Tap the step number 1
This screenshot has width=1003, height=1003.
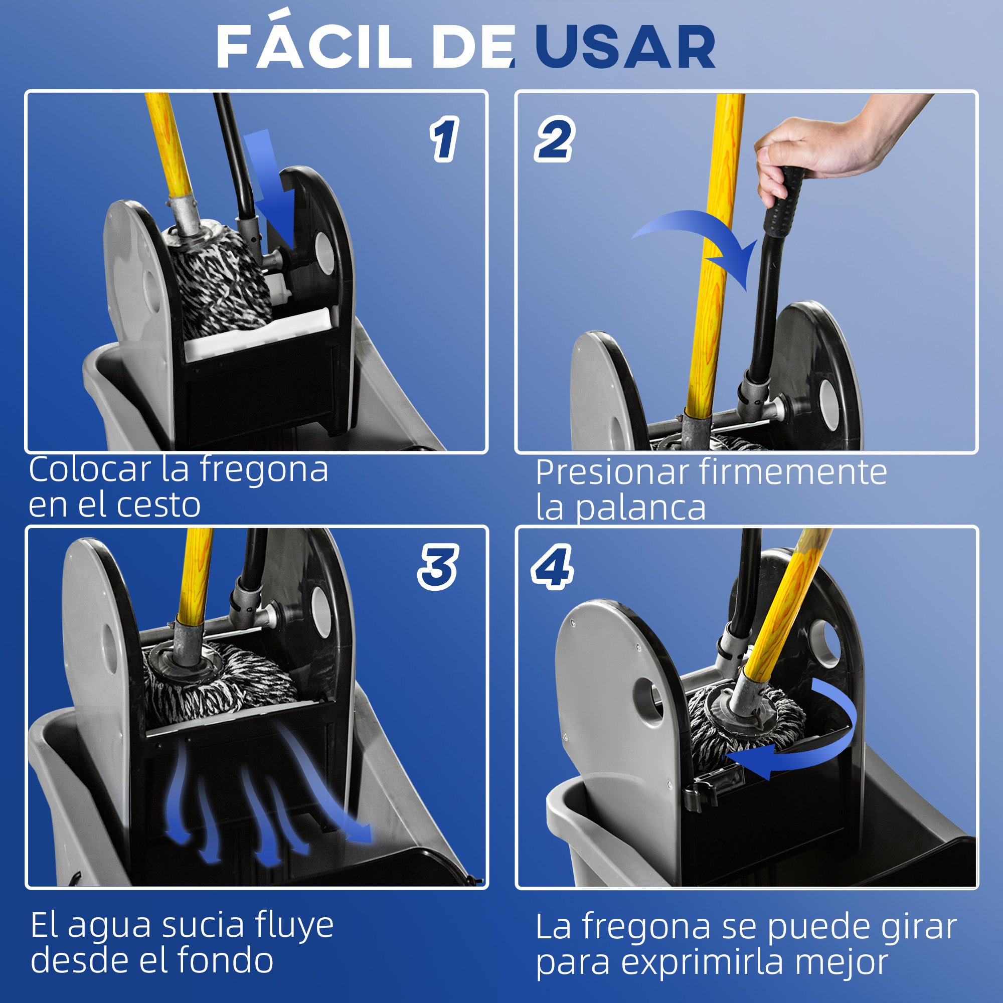[x=444, y=139]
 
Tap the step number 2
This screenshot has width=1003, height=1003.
[x=555, y=138]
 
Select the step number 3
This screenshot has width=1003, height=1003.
[x=438, y=567]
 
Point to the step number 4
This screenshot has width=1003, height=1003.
[x=552, y=567]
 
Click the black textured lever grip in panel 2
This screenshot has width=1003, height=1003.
[x=784, y=203]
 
